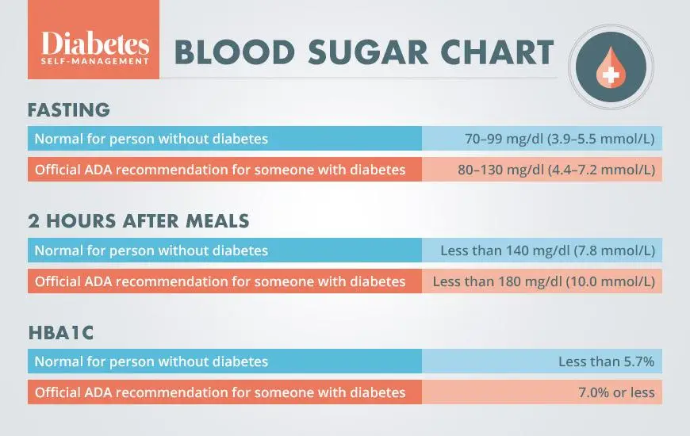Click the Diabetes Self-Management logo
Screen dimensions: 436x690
(x=94, y=48)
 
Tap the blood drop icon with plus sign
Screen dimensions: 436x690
(x=611, y=64)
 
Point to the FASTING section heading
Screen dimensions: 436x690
(x=69, y=109)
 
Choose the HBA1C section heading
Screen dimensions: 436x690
(x=60, y=333)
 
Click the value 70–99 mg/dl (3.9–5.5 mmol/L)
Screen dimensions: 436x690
(x=559, y=139)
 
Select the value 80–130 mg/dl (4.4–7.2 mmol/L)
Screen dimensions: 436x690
(x=556, y=170)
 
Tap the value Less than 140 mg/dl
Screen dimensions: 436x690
(x=547, y=251)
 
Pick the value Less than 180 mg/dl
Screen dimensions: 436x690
(x=543, y=281)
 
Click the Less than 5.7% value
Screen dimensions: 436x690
(x=606, y=361)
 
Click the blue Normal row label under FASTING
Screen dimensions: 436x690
(x=151, y=139)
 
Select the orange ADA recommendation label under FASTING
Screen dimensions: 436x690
(x=219, y=170)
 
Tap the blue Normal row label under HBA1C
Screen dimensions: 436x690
(x=151, y=361)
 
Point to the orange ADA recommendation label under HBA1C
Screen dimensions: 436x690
(x=219, y=392)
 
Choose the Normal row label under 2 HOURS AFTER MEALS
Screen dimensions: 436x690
(x=151, y=251)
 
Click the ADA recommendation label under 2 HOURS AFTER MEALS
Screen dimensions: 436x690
(x=219, y=281)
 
